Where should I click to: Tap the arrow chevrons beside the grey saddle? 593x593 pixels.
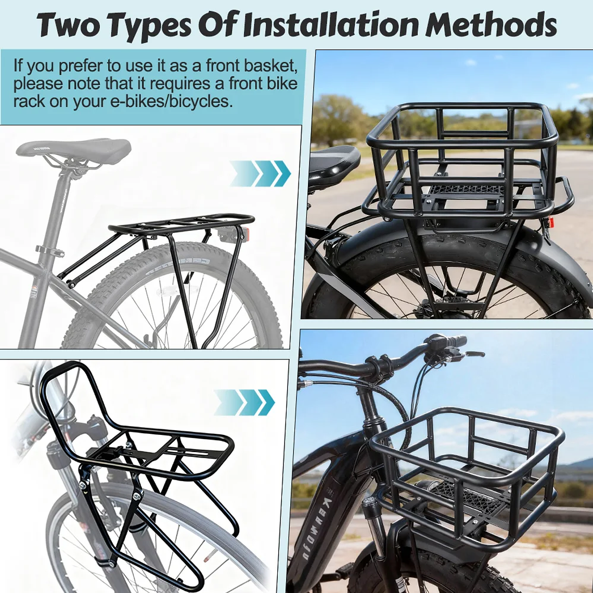[260, 173]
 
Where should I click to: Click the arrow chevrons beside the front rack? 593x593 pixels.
[244, 402]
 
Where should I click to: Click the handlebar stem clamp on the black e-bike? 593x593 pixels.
[379, 365]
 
